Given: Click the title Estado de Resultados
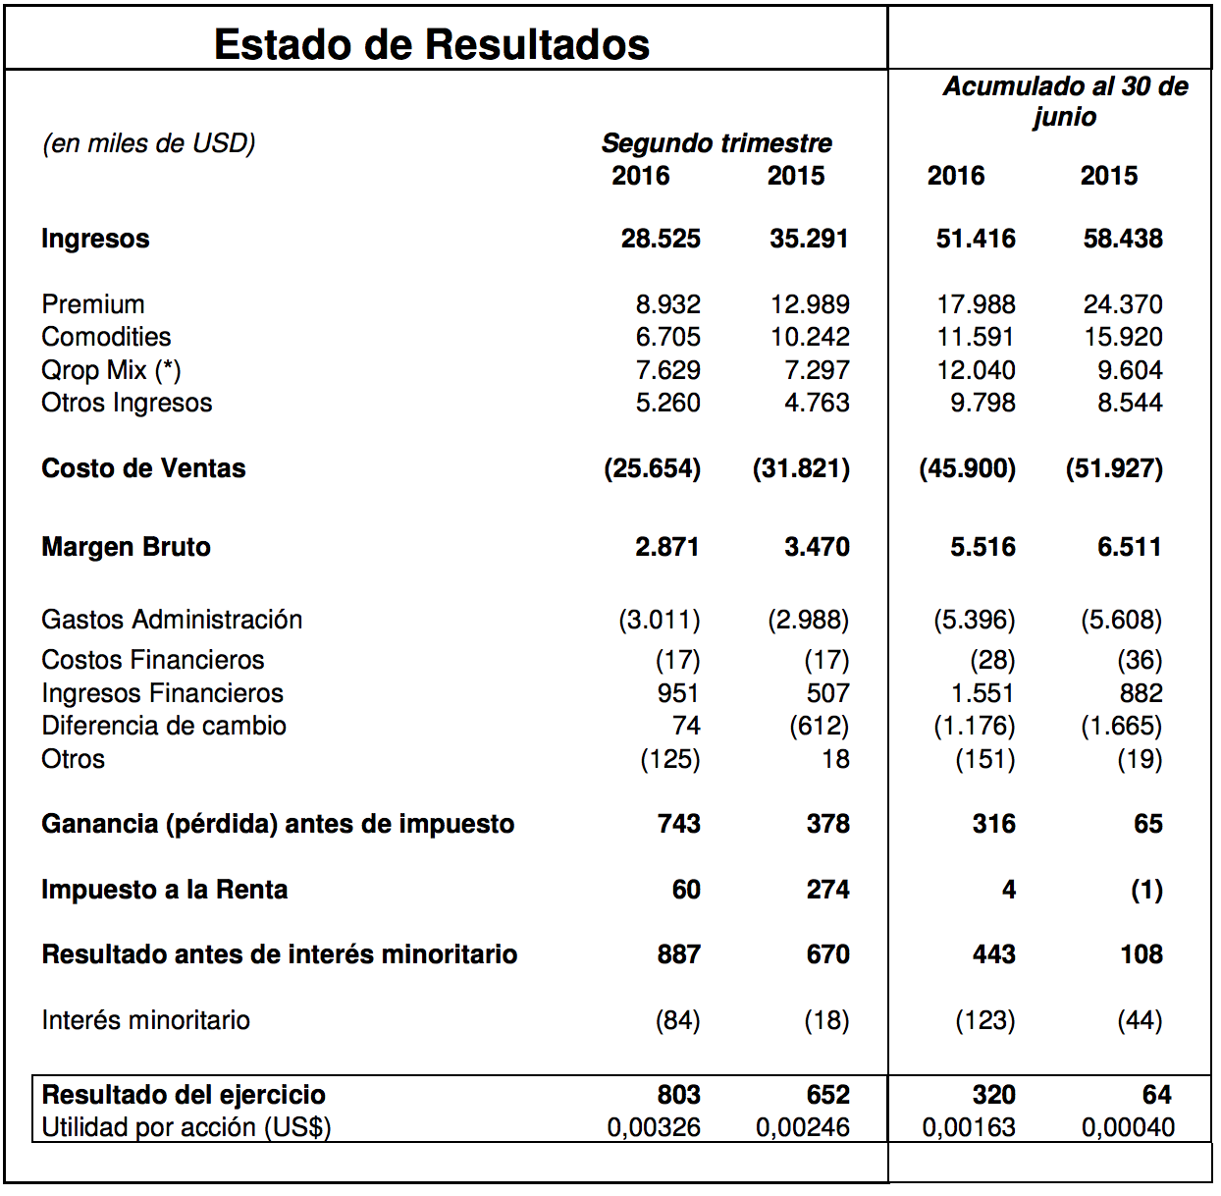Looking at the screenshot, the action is pyautogui.click(x=432, y=44).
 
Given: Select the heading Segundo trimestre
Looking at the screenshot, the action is pyautogui.click(x=717, y=143).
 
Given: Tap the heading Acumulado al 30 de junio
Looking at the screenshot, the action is pyautogui.click(x=1066, y=101).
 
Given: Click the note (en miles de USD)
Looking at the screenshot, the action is pyautogui.click(x=149, y=144).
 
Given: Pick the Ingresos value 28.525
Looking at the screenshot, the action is pyautogui.click(x=661, y=239).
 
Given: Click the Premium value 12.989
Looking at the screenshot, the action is pyautogui.click(x=810, y=304).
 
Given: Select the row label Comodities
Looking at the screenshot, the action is pyautogui.click(x=106, y=337).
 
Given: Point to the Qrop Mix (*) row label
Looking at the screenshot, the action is pyautogui.click(x=112, y=370).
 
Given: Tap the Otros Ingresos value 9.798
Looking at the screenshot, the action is pyautogui.click(x=982, y=403).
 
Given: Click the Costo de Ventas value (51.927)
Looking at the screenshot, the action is pyautogui.click(x=1115, y=468).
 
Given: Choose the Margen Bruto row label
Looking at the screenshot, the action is pyautogui.click(x=126, y=547).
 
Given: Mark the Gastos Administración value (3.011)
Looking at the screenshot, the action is pyautogui.click(x=660, y=620).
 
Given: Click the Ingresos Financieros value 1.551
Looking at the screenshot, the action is pyautogui.click(x=982, y=693).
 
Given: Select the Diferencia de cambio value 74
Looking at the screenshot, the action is pyautogui.click(x=686, y=726).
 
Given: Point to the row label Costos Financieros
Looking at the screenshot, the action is pyautogui.click(x=153, y=660).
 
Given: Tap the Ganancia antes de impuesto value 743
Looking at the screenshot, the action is pyautogui.click(x=679, y=824).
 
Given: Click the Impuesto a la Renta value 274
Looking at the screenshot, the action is pyautogui.click(x=828, y=890).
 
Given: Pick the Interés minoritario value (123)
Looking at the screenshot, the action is pyautogui.click(x=985, y=1020).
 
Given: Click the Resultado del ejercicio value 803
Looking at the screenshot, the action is pyautogui.click(x=679, y=1095).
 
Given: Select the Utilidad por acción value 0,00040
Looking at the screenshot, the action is pyautogui.click(x=1129, y=1127).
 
